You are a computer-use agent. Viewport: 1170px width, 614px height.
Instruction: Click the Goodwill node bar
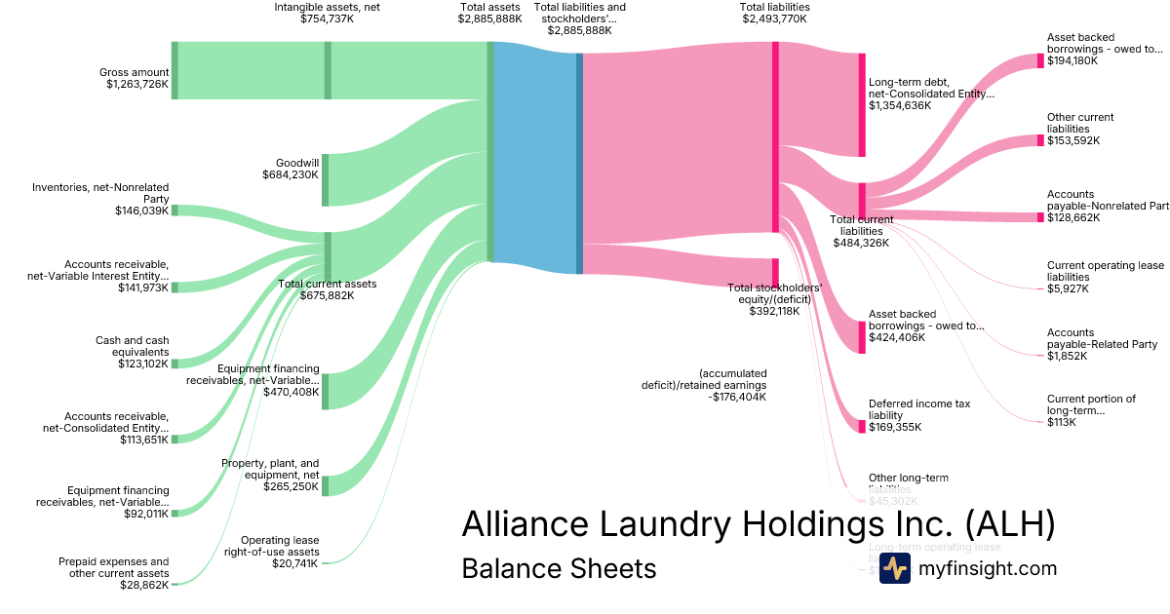click(x=326, y=179)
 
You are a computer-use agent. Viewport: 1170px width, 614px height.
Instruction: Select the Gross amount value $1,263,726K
click(x=137, y=85)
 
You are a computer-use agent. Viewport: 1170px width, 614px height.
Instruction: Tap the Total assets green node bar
click(x=490, y=151)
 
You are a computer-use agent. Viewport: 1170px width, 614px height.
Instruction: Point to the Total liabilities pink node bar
click(x=775, y=136)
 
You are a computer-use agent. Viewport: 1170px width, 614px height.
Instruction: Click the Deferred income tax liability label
click(x=919, y=409)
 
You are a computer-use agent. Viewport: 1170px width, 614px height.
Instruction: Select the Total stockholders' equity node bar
click(x=775, y=272)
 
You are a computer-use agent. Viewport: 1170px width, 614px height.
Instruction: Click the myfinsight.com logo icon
click(x=894, y=568)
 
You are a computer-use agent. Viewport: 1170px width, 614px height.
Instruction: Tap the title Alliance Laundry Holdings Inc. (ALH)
click(x=758, y=523)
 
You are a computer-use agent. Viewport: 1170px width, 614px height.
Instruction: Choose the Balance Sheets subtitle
click(x=559, y=568)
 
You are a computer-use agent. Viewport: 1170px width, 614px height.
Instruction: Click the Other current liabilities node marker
click(x=1040, y=140)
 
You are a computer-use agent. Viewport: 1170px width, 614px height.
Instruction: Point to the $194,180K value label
click(x=1072, y=60)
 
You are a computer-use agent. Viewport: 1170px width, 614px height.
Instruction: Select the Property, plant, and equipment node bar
click(x=326, y=485)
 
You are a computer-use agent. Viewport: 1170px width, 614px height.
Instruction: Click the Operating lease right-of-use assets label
click(x=280, y=546)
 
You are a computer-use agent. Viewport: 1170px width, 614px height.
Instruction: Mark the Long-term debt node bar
click(x=862, y=105)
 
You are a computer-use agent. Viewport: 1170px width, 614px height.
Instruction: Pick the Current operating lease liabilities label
click(x=1105, y=271)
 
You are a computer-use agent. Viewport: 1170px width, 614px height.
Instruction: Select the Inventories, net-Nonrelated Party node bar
click(x=175, y=210)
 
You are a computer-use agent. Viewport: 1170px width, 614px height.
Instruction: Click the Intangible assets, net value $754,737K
click(x=327, y=19)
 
